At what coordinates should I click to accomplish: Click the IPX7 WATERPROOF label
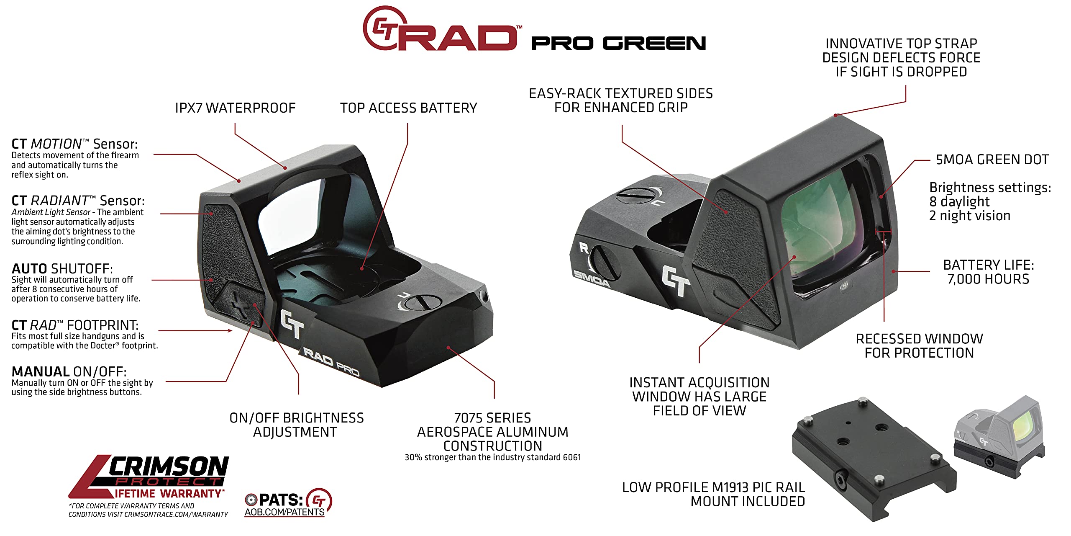pos(235,108)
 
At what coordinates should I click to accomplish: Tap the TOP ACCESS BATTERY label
pos(408,108)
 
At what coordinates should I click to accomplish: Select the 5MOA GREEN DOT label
pos(992,160)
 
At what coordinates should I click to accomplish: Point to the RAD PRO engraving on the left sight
pos(331,362)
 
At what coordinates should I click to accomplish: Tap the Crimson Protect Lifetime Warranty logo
pos(149,477)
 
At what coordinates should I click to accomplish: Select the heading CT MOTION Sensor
pos(74,144)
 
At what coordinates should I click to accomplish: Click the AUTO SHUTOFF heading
pos(62,268)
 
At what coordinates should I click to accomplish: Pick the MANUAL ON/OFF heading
pos(69,371)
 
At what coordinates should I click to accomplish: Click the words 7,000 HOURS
pos(988,279)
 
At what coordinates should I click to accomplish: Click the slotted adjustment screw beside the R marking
pos(604,263)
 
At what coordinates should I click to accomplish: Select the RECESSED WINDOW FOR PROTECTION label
pos(919,346)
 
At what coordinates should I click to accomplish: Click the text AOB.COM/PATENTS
pos(284,512)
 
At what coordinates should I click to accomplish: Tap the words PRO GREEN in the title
pos(618,43)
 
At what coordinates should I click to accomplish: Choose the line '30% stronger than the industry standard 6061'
pos(493,457)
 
